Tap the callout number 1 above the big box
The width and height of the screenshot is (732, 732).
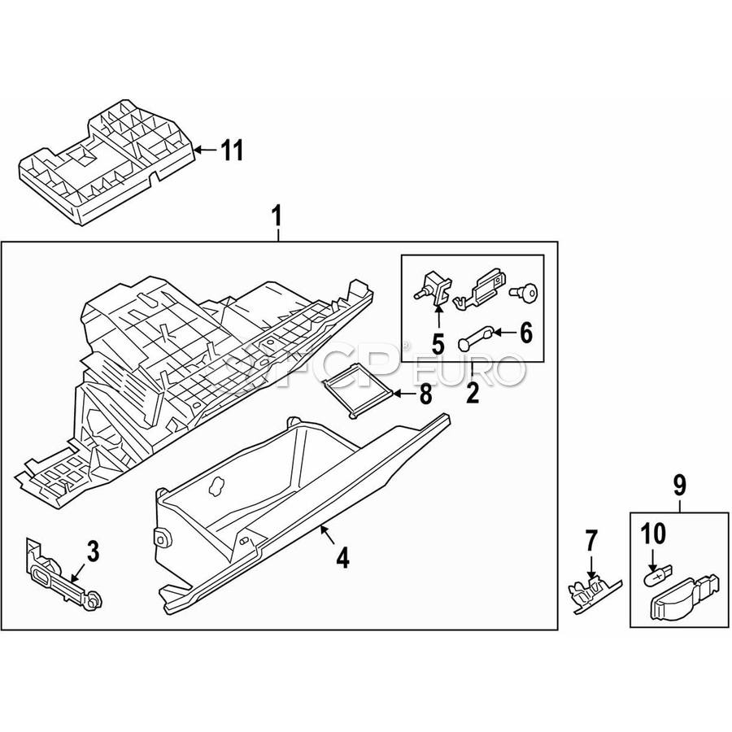pyautogui.click(x=278, y=217)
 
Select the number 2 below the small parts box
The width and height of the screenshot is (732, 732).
pyautogui.click(x=472, y=394)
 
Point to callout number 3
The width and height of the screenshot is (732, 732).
pyautogui.click(x=93, y=552)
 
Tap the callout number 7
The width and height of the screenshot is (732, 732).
pyautogui.click(x=591, y=539)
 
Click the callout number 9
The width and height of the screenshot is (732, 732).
pyautogui.click(x=680, y=486)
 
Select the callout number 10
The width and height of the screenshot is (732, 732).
pyautogui.click(x=653, y=534)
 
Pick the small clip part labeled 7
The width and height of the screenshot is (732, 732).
pyautogui.click(x=591, y=590)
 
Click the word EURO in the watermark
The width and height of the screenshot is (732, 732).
pyautogui.click(x=472, y=372)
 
